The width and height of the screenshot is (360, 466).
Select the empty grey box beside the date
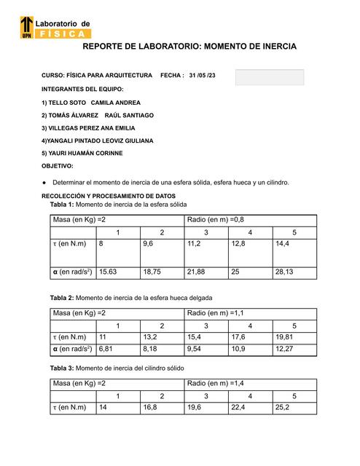coord(269,77)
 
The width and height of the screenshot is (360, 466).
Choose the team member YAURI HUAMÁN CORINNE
coord(86,153)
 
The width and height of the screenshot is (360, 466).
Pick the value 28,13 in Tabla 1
coord(284,271)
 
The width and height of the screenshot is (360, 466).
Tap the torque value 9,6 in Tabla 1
coord(150,245)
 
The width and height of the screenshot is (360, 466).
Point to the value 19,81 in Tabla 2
coord(285,337)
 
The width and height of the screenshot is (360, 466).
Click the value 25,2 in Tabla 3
coord(283,408)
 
